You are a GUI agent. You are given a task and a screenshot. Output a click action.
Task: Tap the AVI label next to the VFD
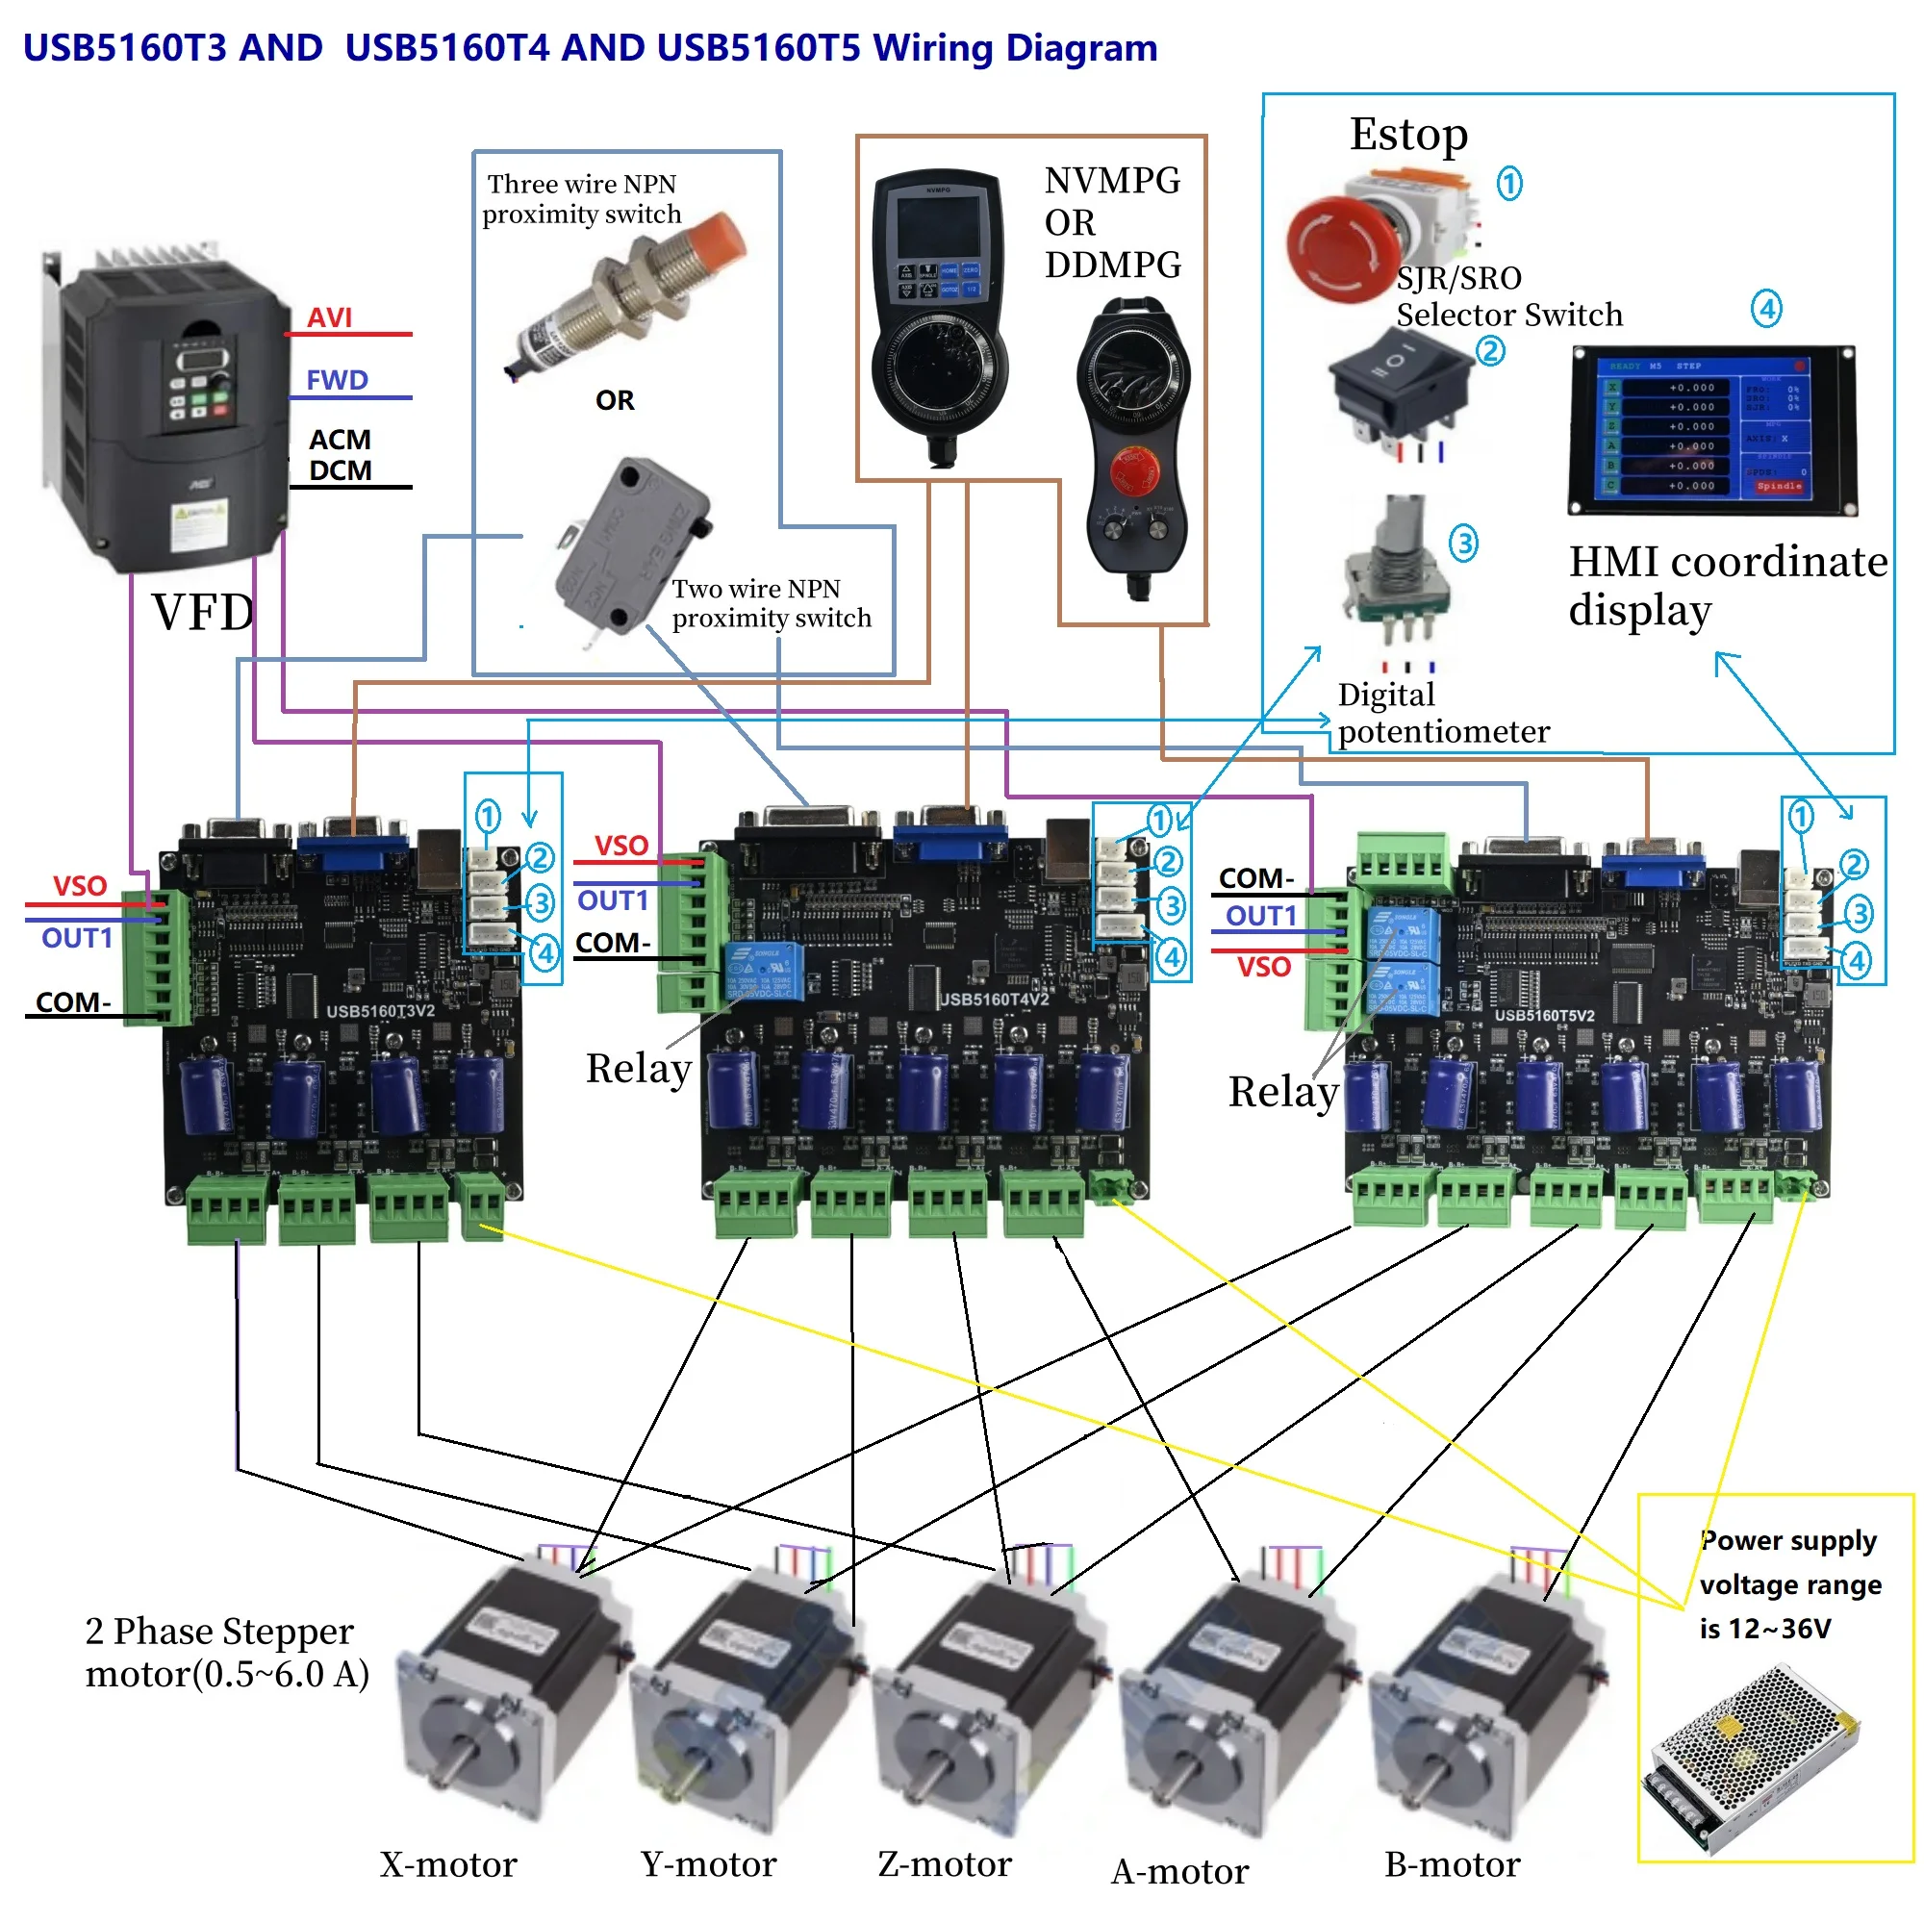(x=330, y=317)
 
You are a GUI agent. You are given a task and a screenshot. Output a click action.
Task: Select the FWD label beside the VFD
(x=337, y=379)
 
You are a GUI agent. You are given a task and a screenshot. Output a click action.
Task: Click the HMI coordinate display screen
(x=1710, y=429)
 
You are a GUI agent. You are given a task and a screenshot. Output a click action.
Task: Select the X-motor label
(x=448, y=1864)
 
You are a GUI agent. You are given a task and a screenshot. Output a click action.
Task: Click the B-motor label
(x=1452, y=1864)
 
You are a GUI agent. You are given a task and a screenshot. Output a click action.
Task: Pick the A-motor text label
(x=1179, y=1871)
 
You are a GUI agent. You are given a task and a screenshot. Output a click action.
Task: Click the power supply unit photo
(x=1753, y=1759)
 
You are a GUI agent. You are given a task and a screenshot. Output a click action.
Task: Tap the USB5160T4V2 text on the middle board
(x=994, y=999)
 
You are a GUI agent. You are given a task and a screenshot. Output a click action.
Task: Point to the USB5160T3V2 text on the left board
(x=380, y=1011)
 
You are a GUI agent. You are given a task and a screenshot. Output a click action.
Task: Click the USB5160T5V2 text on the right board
(x=1544, y=1016)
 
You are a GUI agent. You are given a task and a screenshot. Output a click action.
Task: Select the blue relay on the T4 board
(x=764, y=971)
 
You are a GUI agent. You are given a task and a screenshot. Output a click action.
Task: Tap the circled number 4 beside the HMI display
(x=1765, y=309)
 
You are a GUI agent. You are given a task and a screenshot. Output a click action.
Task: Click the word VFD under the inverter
(x=203, y=612)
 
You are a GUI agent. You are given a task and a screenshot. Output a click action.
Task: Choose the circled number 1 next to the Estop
(x=1509, y=183)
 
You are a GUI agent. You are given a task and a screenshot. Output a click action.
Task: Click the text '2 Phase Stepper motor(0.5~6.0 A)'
(x=227, y=1653)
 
